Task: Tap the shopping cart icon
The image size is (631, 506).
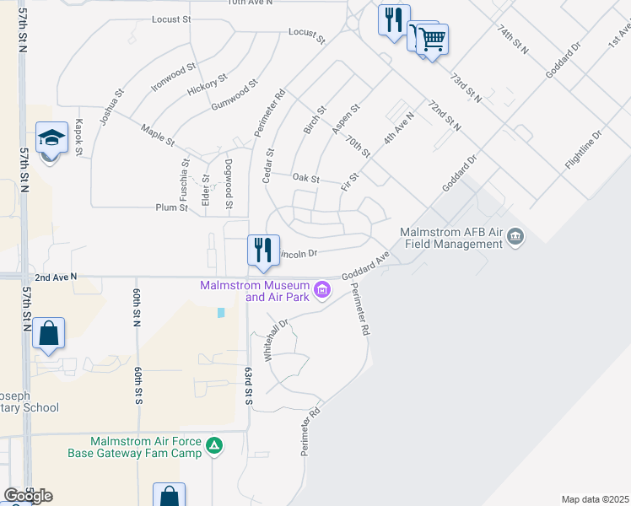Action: point(432,38)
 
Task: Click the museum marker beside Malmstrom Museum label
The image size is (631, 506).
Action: point(321,291)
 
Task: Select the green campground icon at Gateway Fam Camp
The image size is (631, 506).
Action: point(215,445)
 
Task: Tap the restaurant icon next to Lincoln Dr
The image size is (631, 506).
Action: point(262,250)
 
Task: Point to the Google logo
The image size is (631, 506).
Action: point(28,495)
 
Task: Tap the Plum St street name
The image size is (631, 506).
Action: point(171,207)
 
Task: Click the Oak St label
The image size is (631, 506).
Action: point(305,179)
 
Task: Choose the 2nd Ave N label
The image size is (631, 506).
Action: point(56,276)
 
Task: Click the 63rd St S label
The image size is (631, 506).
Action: point(250,385)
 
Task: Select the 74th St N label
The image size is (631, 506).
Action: point(512,40)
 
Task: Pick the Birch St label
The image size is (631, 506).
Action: point(315,121)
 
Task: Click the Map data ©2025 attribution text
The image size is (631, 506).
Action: point(596,499)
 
